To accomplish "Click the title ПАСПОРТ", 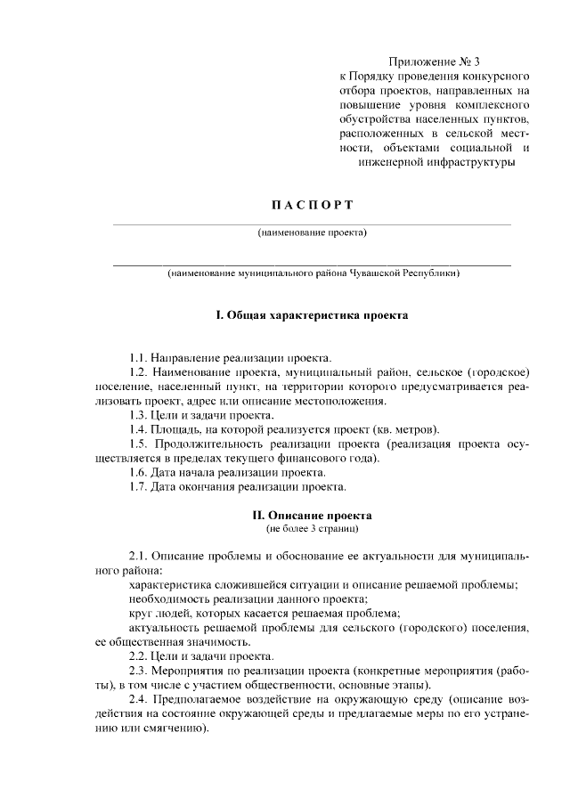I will click(312, 206).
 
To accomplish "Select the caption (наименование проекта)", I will click(312, 233).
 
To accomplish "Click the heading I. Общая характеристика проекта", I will click(312, 315).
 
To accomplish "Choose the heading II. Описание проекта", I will click(312, 515).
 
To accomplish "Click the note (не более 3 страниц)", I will click(312, 529).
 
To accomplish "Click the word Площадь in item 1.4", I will click(177, 428).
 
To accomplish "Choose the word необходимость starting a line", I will click(166, 599).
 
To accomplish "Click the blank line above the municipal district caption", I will click(312, 265).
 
